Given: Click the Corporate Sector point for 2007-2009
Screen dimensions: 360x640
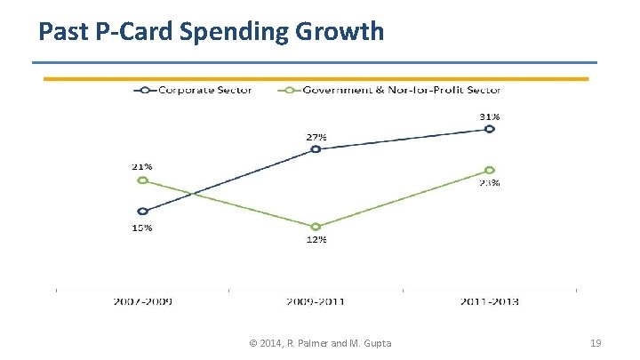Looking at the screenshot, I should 142,212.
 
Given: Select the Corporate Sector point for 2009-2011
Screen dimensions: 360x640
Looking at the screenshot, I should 316,149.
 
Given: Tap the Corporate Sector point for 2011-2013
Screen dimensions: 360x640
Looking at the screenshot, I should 489,129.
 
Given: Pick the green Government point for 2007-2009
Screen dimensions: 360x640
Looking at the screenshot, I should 142,180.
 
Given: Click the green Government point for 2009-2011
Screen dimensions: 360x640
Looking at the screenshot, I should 316,227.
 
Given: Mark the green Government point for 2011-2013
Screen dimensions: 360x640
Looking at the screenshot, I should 489,170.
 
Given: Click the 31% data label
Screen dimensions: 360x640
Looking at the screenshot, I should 490,116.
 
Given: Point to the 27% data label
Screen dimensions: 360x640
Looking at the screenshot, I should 316,137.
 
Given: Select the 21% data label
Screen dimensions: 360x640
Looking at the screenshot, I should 142,166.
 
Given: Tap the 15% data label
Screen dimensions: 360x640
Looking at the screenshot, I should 142,228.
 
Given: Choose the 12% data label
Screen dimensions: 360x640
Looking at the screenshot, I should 316,240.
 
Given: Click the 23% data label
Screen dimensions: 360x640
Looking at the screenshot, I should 490,183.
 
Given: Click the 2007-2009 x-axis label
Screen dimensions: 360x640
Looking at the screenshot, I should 142,301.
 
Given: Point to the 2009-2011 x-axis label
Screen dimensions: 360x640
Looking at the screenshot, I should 316,301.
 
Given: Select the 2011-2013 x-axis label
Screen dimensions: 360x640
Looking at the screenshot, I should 489,301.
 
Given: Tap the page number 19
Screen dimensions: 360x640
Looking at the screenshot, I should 596,343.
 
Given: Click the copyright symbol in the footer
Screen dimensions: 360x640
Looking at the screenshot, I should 253,343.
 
